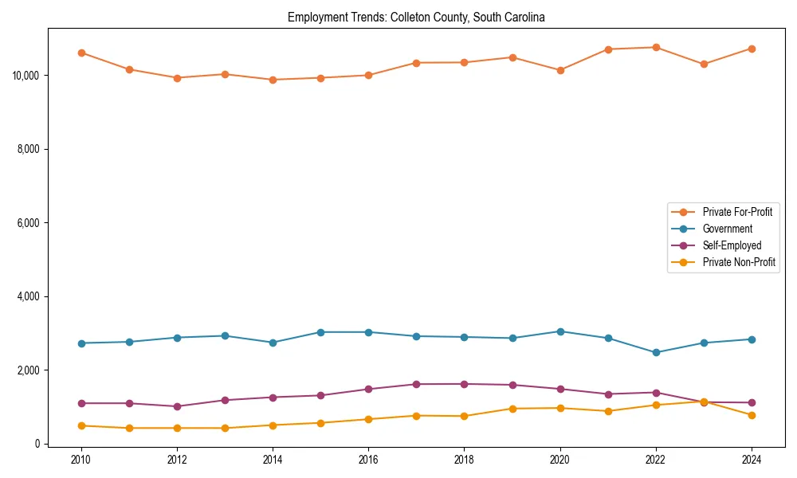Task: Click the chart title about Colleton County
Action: click(x=416, y=17)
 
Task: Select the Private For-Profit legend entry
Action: click(x=737, y=212)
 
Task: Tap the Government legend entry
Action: click(x=727, y=229)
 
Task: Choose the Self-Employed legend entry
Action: click(x=732, y=245)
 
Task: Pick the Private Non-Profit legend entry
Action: click(x=739, y=262)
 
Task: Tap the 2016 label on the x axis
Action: click(x=368, y=460)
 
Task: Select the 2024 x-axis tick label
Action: click(x=752, y=460)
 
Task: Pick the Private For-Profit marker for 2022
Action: click(x=656, y=47)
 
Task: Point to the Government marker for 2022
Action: click(x=656, y=352)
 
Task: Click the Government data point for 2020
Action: click(x=560, y=331)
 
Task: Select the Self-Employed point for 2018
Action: click(x=464, y=384)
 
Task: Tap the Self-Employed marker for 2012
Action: click(x=177, y=406)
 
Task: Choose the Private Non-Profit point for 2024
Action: click(x=752, y=415)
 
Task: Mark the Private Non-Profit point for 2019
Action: click(x=512, y=409)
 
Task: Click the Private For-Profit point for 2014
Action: click(x=273, y=80)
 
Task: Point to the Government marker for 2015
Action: click(x=320, y=332)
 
